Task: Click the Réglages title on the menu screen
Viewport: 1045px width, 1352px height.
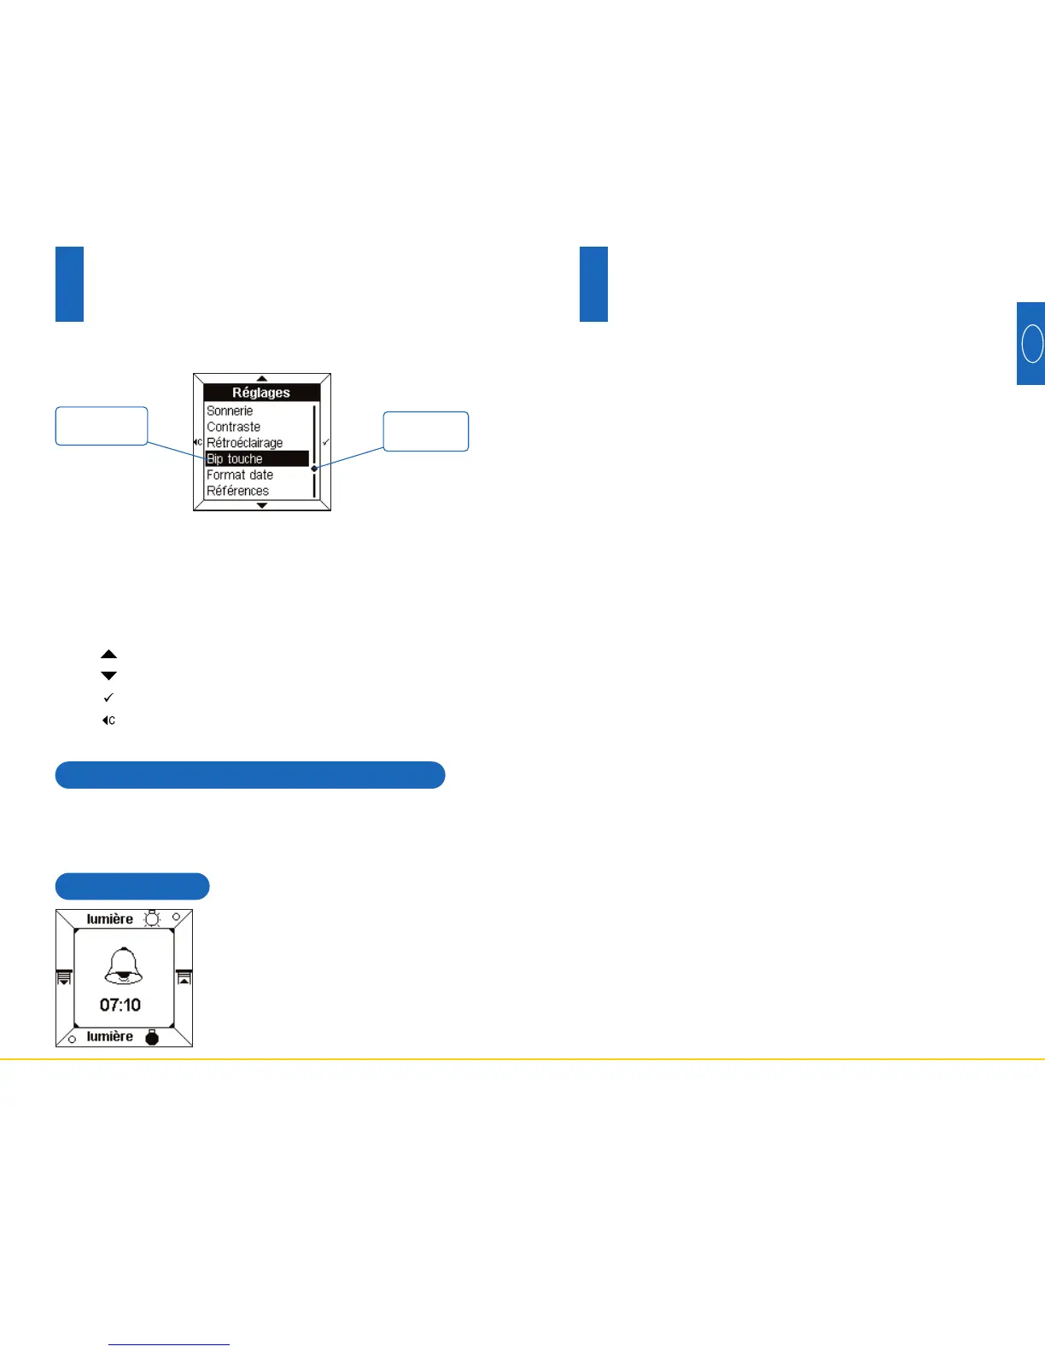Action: pyautogui.click(x=261, y=393)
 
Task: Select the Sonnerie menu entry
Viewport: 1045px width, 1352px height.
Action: pyautogui.click(x=230, y=411)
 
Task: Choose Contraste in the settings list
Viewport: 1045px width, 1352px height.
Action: pyautogui.click(x=233, y=427)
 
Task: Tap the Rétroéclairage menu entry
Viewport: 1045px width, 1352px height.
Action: pyautogui.click(x=244, y=443)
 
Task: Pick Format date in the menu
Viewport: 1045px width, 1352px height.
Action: pyautogui.click(x=240, y=475)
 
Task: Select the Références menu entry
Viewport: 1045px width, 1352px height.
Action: pyautogui.click(x=237, y=491)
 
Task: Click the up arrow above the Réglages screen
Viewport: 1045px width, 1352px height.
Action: pyautogui.click(x=262, y=378)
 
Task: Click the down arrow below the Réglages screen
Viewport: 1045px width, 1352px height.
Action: pyautogui.click(x=262, y=505)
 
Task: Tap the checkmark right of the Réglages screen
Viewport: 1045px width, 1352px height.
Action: pyautogui.click(x=325, y=442)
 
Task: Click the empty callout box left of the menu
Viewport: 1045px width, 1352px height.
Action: pyautogui.click(x=102, y=426)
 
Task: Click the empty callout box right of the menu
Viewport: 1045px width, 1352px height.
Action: pyautogui.click(x=426, y=431)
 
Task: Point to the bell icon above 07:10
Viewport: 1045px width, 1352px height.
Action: pyautogui.click(x=124, y=966)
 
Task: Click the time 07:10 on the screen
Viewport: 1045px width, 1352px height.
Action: pyautogui.click(x=120, y=1005)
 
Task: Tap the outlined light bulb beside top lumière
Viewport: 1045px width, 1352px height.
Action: pyautogui.click(x=152, y=918)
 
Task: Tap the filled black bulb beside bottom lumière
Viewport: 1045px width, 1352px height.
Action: pyautogui.click(x=152, y=1037)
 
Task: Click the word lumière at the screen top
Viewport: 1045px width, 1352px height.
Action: pyautogui.click(x=110, y=919)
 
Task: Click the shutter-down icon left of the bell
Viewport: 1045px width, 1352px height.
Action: pyautogui.click(x=64, y=977)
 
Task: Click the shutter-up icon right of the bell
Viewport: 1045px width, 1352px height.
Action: pyautogui.click(x=184, y=977)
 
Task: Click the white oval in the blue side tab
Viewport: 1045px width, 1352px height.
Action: pyautogui.click(x=1032, y=343)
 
